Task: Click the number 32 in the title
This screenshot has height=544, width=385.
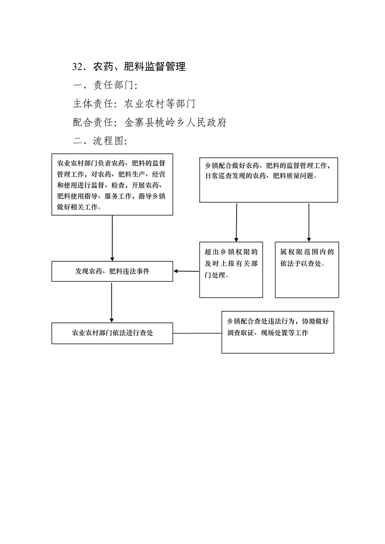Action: click(78, 66)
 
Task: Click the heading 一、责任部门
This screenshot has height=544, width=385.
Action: click(105, 85)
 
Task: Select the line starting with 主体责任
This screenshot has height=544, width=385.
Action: click(134, 104)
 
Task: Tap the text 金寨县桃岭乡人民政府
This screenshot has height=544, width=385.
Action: click(176, 123)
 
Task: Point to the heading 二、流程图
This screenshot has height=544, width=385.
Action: click(100, 141)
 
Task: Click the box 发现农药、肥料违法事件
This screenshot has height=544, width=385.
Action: click(112, 272)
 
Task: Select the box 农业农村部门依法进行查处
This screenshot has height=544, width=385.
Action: click(112, 333)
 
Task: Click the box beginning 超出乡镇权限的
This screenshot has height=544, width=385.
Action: click(231, 270)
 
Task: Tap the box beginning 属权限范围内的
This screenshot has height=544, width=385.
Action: click(307, 270)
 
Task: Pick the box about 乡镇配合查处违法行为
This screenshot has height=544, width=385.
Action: click(278, 332)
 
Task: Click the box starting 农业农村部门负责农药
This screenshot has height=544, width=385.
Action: click(112, 185)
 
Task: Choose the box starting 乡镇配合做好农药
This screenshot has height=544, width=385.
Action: click(269, 180)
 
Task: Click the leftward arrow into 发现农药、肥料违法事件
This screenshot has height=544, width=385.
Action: click(186, 271)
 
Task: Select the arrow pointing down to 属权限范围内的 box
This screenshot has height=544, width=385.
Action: click(309, 222)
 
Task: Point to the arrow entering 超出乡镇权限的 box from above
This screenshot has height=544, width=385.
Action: click(236, 222)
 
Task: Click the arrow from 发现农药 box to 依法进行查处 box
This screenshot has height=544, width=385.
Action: click(112, 302)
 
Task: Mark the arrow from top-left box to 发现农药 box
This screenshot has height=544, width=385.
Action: click(112, 238)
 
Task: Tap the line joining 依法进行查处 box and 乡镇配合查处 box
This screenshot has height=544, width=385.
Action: click(197, 333)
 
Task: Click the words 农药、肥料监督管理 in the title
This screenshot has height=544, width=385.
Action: click(139, 66)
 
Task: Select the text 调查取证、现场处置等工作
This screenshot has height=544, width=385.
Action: click(268, 333)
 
